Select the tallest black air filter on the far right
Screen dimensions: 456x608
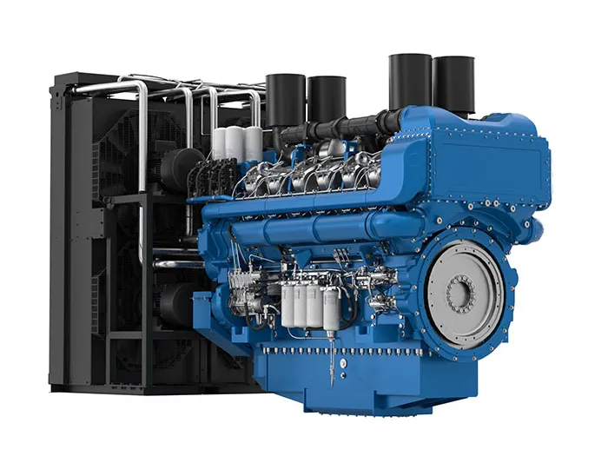click(x=453, y=84)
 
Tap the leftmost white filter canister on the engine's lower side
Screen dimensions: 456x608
click(x=288, y=305)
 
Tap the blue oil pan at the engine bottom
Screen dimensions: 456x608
click(x=365, y=382)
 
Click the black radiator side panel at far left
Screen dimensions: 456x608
click(x=65, y=235)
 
